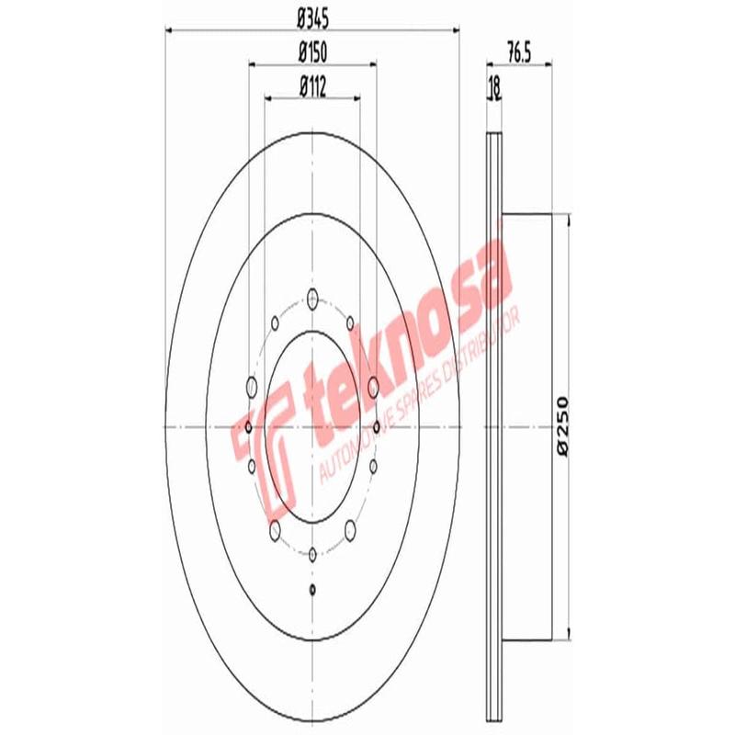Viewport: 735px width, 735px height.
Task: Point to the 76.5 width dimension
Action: (x=519, y=52)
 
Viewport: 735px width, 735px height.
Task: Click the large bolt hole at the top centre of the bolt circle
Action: (x=312, y=298)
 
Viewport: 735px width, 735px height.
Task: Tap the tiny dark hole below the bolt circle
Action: (x=313, y=589)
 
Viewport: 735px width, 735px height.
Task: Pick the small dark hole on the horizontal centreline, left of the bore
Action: (x=249, y=426)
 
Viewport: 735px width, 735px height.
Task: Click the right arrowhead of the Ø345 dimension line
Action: (x=455, y=30)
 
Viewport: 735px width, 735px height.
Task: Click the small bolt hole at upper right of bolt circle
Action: (x=352, y=322)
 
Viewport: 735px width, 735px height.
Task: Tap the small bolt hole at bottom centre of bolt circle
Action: (x=313, y=553)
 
